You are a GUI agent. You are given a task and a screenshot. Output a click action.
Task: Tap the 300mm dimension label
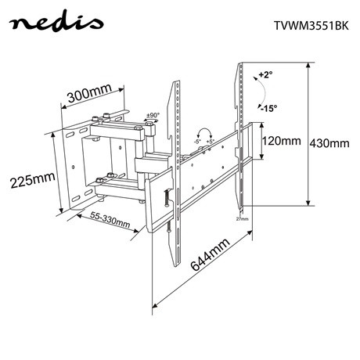88,95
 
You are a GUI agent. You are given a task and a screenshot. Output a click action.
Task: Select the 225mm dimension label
31,180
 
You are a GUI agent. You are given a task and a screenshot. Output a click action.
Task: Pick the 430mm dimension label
329,143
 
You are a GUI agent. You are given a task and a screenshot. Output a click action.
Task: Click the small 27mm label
243,219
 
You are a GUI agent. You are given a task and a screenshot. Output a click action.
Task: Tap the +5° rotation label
211,142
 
